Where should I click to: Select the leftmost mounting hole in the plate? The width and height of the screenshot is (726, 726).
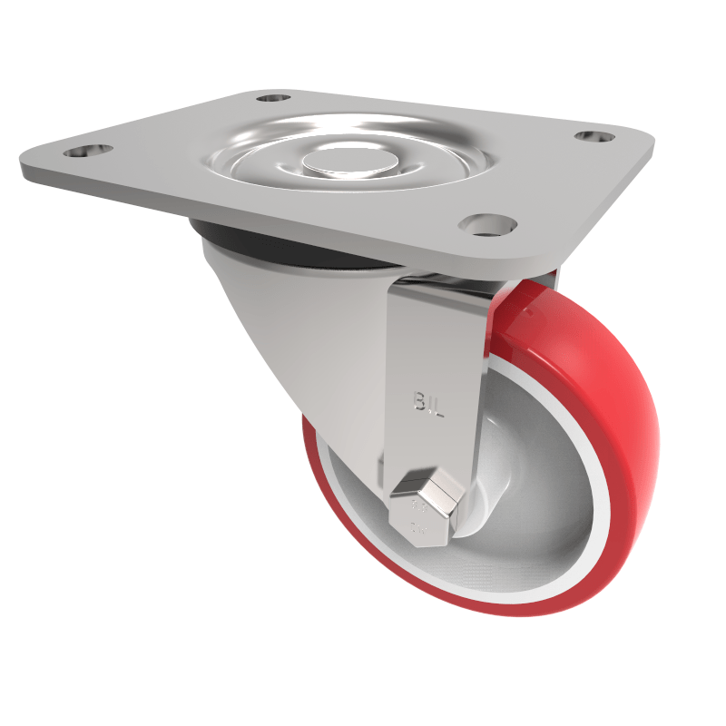[x=89, y=151]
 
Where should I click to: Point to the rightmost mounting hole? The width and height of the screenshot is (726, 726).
[x=594, y=136]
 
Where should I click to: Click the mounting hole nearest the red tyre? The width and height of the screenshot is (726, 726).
[x=487, y=223]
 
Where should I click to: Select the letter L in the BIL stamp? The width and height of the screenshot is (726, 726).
[x=438, y=406]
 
